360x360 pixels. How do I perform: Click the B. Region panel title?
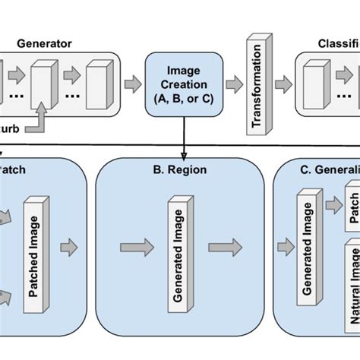click(180, 172)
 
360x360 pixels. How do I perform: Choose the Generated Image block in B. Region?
click(176, 247)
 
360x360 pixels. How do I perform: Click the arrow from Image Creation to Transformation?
click(233, 84)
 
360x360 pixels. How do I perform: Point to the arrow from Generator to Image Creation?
click(132, 84)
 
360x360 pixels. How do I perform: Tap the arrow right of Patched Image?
click(71, 246)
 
